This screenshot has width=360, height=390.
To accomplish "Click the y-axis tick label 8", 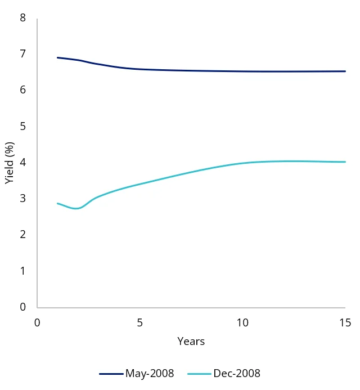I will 23,18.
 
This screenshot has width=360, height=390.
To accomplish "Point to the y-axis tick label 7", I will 23,54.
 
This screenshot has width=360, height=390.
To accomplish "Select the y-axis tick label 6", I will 23,90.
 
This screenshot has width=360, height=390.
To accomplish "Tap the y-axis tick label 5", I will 23,126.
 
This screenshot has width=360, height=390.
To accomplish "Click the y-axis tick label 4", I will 23,162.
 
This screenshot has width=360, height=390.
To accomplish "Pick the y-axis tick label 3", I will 23,199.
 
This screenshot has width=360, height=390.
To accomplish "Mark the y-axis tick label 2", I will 23,235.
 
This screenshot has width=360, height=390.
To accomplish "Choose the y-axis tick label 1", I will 23,271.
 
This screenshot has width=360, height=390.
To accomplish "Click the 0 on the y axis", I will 23,307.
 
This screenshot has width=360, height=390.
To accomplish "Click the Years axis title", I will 191,342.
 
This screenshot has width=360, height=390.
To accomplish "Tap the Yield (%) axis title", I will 9,163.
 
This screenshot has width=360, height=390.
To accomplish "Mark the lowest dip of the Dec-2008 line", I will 77,209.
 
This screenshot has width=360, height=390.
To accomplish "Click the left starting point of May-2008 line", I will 58,57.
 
